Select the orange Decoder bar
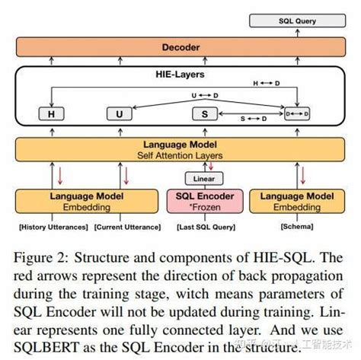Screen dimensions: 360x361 click(x=180, y=47)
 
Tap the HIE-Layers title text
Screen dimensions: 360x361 click(x=180, y=75)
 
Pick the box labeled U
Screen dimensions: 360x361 click(x=119, y=114)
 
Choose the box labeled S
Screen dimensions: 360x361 click(x=204, y=114)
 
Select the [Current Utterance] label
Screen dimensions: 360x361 click(x=128, y=226)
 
